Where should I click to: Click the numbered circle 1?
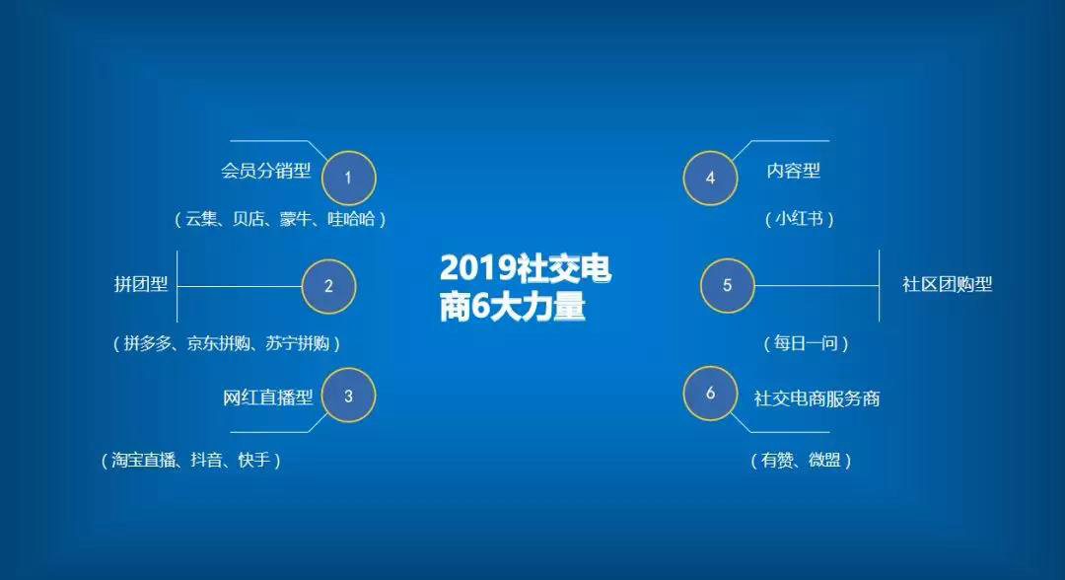coord(348,178)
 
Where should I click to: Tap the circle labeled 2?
coord(328,286)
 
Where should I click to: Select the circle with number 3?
coord(348,396)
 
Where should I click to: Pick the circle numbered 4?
coord(710,178)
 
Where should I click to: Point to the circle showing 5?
coord(728,285)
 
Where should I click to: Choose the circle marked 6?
coord(710,394)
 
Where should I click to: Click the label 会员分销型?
coord(265,171)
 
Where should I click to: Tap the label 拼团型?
coord(141,284)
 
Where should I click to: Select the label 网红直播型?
coord(267,398)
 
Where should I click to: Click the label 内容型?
coord(793,171)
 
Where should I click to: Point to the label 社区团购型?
coord(947,284)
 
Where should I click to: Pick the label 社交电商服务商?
coord(817,399)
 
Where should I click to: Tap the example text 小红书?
coord(800,219)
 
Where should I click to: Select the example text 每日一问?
coord(806,343)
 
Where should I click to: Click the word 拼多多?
coord(147,343)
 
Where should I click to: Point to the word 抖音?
coord(206,461)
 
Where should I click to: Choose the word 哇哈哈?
coord(351,219)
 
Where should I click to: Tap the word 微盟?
coord(824,461)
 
